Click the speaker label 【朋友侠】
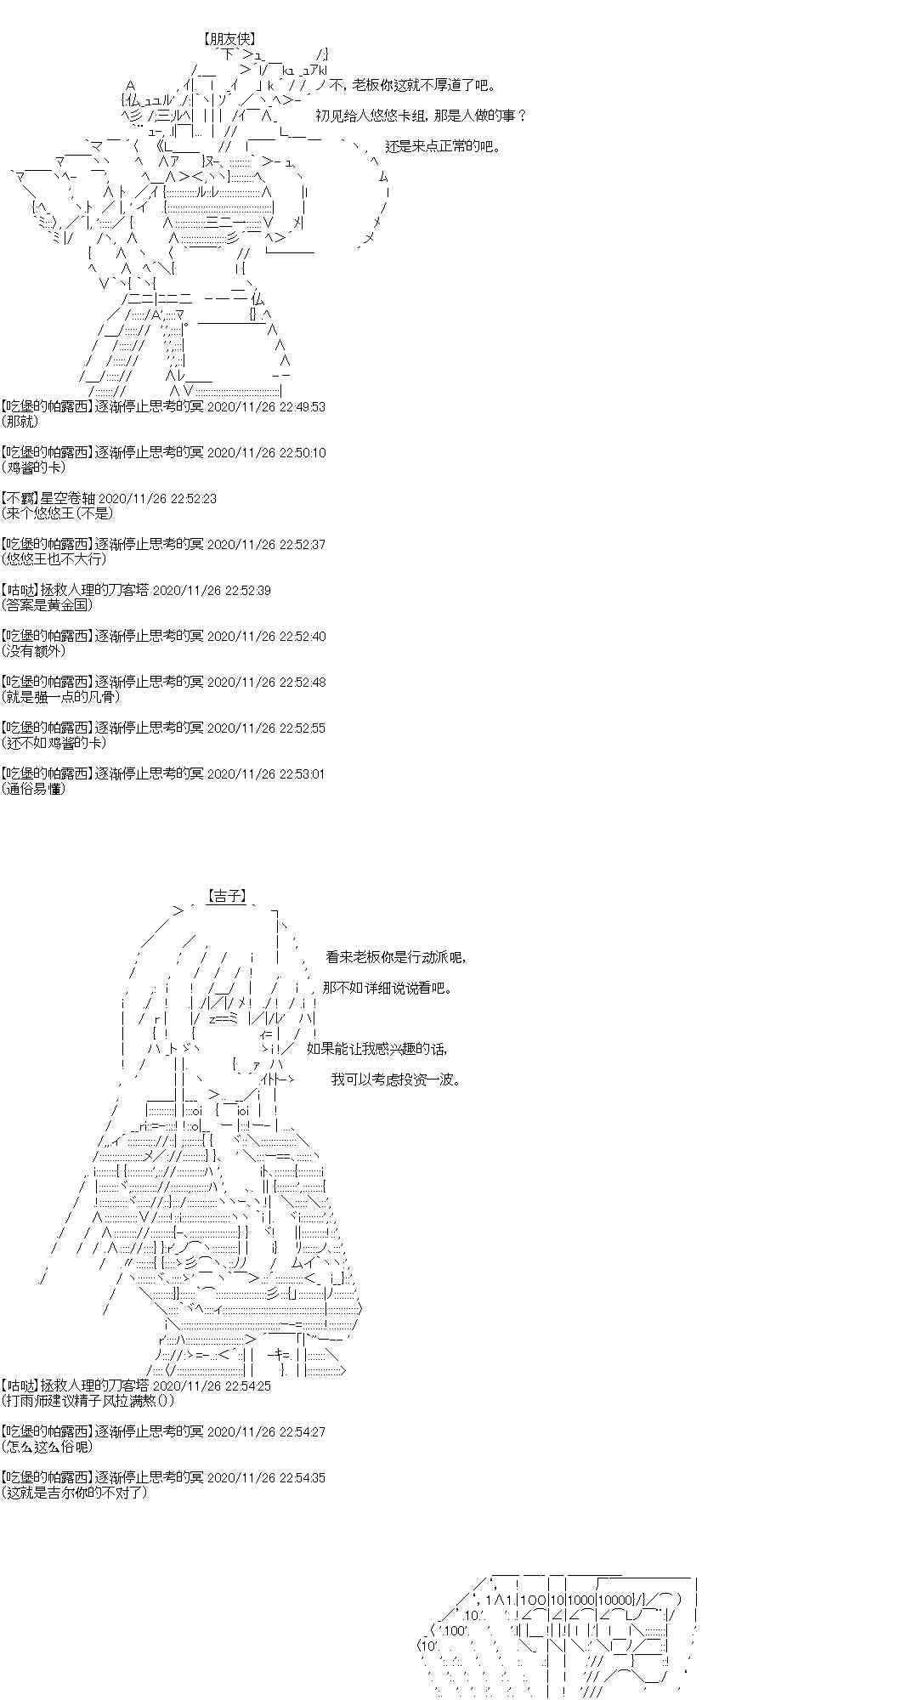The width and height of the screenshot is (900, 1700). click(x=229, y=38)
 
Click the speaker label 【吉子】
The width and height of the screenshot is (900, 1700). click(x=226, y=895)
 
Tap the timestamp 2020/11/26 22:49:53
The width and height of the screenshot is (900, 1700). click(x=266, y=406)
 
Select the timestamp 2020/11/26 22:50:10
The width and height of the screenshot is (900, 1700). click(x=266, y=452)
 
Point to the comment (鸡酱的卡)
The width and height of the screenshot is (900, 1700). click(x=33, y=467)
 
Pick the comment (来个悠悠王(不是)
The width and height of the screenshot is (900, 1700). click(x=57, y=513)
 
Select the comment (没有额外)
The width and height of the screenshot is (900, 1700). click(x=33, y=650)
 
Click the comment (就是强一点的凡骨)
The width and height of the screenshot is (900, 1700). click(x=60, y=696)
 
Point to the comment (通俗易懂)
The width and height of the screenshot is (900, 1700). click(x=33, y=788)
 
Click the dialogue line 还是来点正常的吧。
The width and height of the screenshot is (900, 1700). click(x=442, y=146)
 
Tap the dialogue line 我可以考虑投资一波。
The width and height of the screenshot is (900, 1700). click(x=397, y=1079)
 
